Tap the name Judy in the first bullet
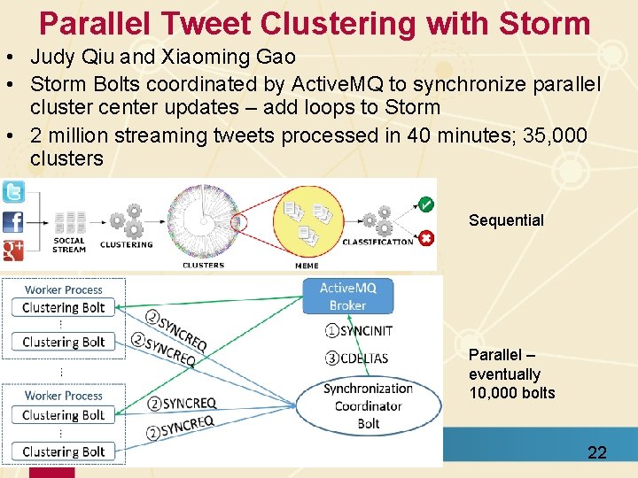(x=52, y=58)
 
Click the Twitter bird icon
(x=13, y=192)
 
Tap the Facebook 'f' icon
(x=13, y=221)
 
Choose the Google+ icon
(x=13, y=249)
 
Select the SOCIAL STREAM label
(x=69, y=244)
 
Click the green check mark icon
(x=426, y=204)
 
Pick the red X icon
(x=426, y=237)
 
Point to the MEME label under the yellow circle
(x=307, y=264)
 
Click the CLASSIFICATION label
(x=377, y=242)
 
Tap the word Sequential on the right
(x=506, y=220)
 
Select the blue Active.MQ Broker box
(x=347, y=296)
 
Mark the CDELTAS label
(x=358, y=358)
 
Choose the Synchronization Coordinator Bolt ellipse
(x=369, y=405)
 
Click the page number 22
(x=597, y=452)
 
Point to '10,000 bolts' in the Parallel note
(x=512, y=393)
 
